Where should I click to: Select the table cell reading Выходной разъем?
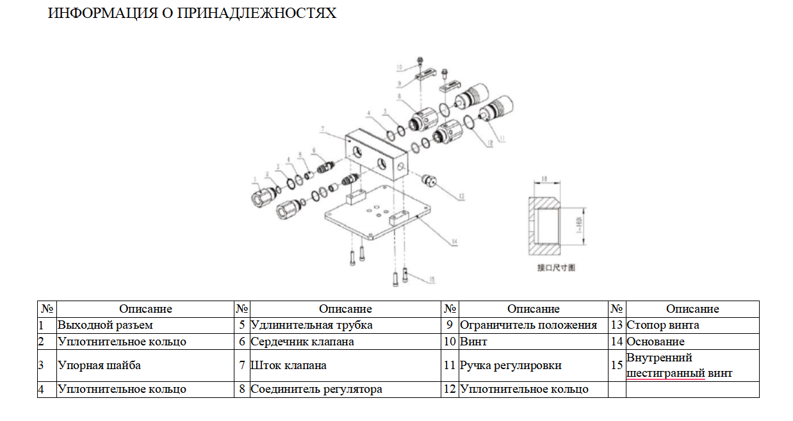pos(105,325)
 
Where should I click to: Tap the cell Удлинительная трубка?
pos(311,325)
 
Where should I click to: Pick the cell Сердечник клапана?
pos(302,342)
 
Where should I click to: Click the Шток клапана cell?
pos(288,365)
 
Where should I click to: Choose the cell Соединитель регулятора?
pos(316,389)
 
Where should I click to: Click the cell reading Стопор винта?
pos(662,325)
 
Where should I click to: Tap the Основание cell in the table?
pos(655,342)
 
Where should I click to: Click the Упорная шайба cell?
pos(99,365)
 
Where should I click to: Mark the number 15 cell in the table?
pos(616,365)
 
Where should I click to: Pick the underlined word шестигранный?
pos(666,373)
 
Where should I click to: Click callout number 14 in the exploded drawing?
pos(453,242)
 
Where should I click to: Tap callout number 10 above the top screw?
pos(398,66)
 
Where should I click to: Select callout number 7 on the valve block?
pos(324,129)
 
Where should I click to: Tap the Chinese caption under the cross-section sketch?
pos(556,267)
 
